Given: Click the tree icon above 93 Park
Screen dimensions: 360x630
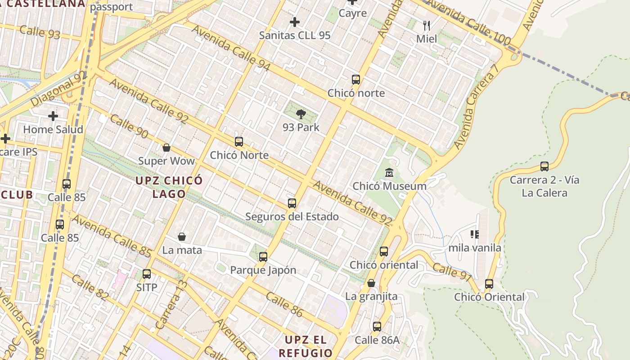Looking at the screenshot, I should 301,114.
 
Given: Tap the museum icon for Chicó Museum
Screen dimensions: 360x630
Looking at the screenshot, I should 389,172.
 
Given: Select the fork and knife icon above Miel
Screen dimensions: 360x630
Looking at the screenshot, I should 427,25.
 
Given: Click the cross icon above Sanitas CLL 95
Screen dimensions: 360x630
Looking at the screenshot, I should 295,22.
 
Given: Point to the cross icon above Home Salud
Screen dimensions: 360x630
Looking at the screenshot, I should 53,116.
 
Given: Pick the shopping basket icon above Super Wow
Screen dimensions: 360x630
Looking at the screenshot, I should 166,148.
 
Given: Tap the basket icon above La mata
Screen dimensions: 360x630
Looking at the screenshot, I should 182,237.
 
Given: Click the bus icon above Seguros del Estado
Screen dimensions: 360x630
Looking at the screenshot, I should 292,203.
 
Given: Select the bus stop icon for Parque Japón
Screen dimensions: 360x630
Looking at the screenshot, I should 263,257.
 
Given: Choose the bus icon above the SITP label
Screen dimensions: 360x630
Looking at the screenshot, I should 147,274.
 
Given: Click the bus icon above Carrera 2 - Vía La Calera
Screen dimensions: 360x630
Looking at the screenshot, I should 544,166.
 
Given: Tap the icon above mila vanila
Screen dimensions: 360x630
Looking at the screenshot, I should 475,234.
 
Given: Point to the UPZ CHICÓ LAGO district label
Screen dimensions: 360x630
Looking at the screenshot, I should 169,187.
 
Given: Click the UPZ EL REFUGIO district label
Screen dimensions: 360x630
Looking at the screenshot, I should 306,346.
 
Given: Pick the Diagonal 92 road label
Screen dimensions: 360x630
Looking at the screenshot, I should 58,88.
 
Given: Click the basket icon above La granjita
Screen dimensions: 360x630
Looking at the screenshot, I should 371,283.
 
